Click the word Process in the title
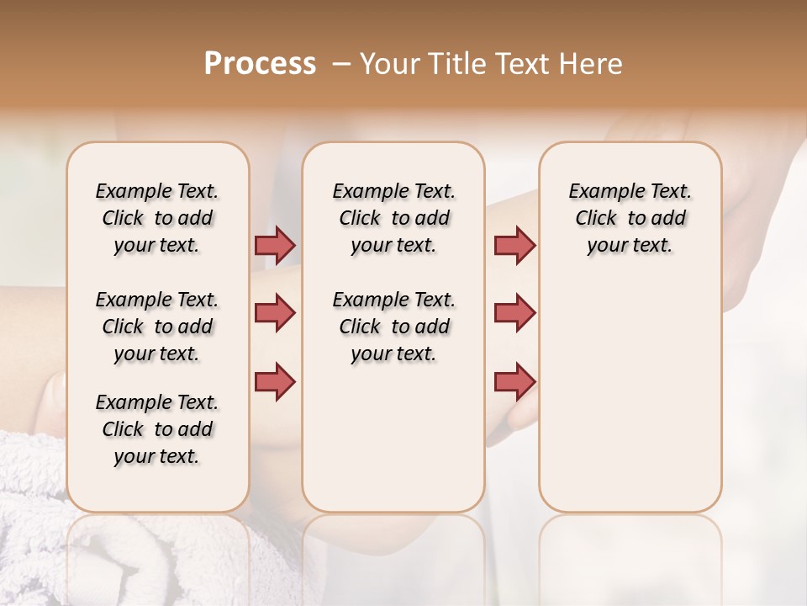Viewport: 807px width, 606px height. click(x=260, y=64)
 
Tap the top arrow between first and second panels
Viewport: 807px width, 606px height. click(x=275, y=246)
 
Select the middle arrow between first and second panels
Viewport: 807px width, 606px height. click(x=275, y=313)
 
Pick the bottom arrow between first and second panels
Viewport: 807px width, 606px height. click(x=275, y=381)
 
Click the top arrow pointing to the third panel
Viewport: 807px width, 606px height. click(x=514, y=246)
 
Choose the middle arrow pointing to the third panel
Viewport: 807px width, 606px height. click(x=514, y=313)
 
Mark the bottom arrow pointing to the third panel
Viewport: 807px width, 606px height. click(x=514, y=381)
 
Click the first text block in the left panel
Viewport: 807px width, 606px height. click(x=157, y=218)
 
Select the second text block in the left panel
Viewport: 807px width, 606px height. click(x=157, y=327)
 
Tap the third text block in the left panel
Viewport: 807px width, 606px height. click(x=157, y=429)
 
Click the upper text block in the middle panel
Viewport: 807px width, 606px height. click(x=393, y=218)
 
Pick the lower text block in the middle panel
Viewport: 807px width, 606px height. click(x=393, y=327)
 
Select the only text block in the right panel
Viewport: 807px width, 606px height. click(x=630, y=218)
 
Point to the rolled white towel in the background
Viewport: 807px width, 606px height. click(x=34, y=505)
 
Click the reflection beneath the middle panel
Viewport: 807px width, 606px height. click(x=393, y=555)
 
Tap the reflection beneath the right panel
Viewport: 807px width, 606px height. click(x=630, y=555)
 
